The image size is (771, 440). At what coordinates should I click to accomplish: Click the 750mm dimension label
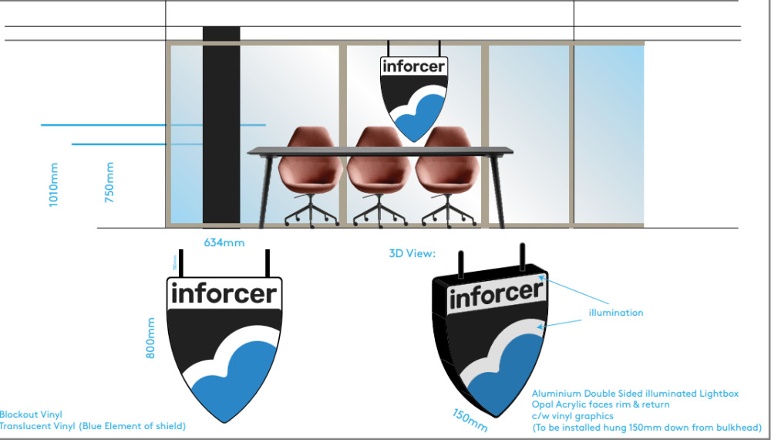[x=109, y=183]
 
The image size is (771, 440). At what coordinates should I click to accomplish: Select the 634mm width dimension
[x=224, y=242]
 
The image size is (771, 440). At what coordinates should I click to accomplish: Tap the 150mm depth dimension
[x=470, y=418]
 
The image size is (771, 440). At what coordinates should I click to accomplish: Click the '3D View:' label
[x=412, y=252]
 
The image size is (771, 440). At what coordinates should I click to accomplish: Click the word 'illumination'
[x=615, y=313]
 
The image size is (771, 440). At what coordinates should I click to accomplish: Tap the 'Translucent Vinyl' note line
[x=93, y=425]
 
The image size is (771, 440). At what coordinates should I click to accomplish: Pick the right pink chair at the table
[x=449, y=174]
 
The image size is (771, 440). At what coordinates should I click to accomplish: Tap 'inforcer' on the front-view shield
[x=223, y=293]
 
